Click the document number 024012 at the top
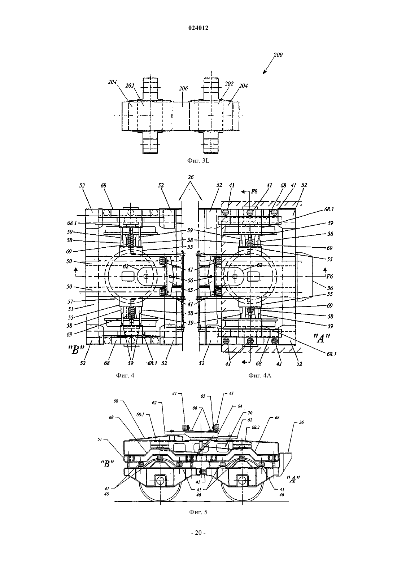[198, 28]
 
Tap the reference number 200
[278, 54]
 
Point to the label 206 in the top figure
[183, 88]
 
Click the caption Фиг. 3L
[198, 161]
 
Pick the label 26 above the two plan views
[191, 177]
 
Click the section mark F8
[254, 191]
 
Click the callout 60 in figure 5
[115, 401]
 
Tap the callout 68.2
[256, 427]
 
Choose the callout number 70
[250, 413]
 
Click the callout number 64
[240, 406]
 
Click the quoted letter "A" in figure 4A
[322, 339]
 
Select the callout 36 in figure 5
[301, 422]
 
